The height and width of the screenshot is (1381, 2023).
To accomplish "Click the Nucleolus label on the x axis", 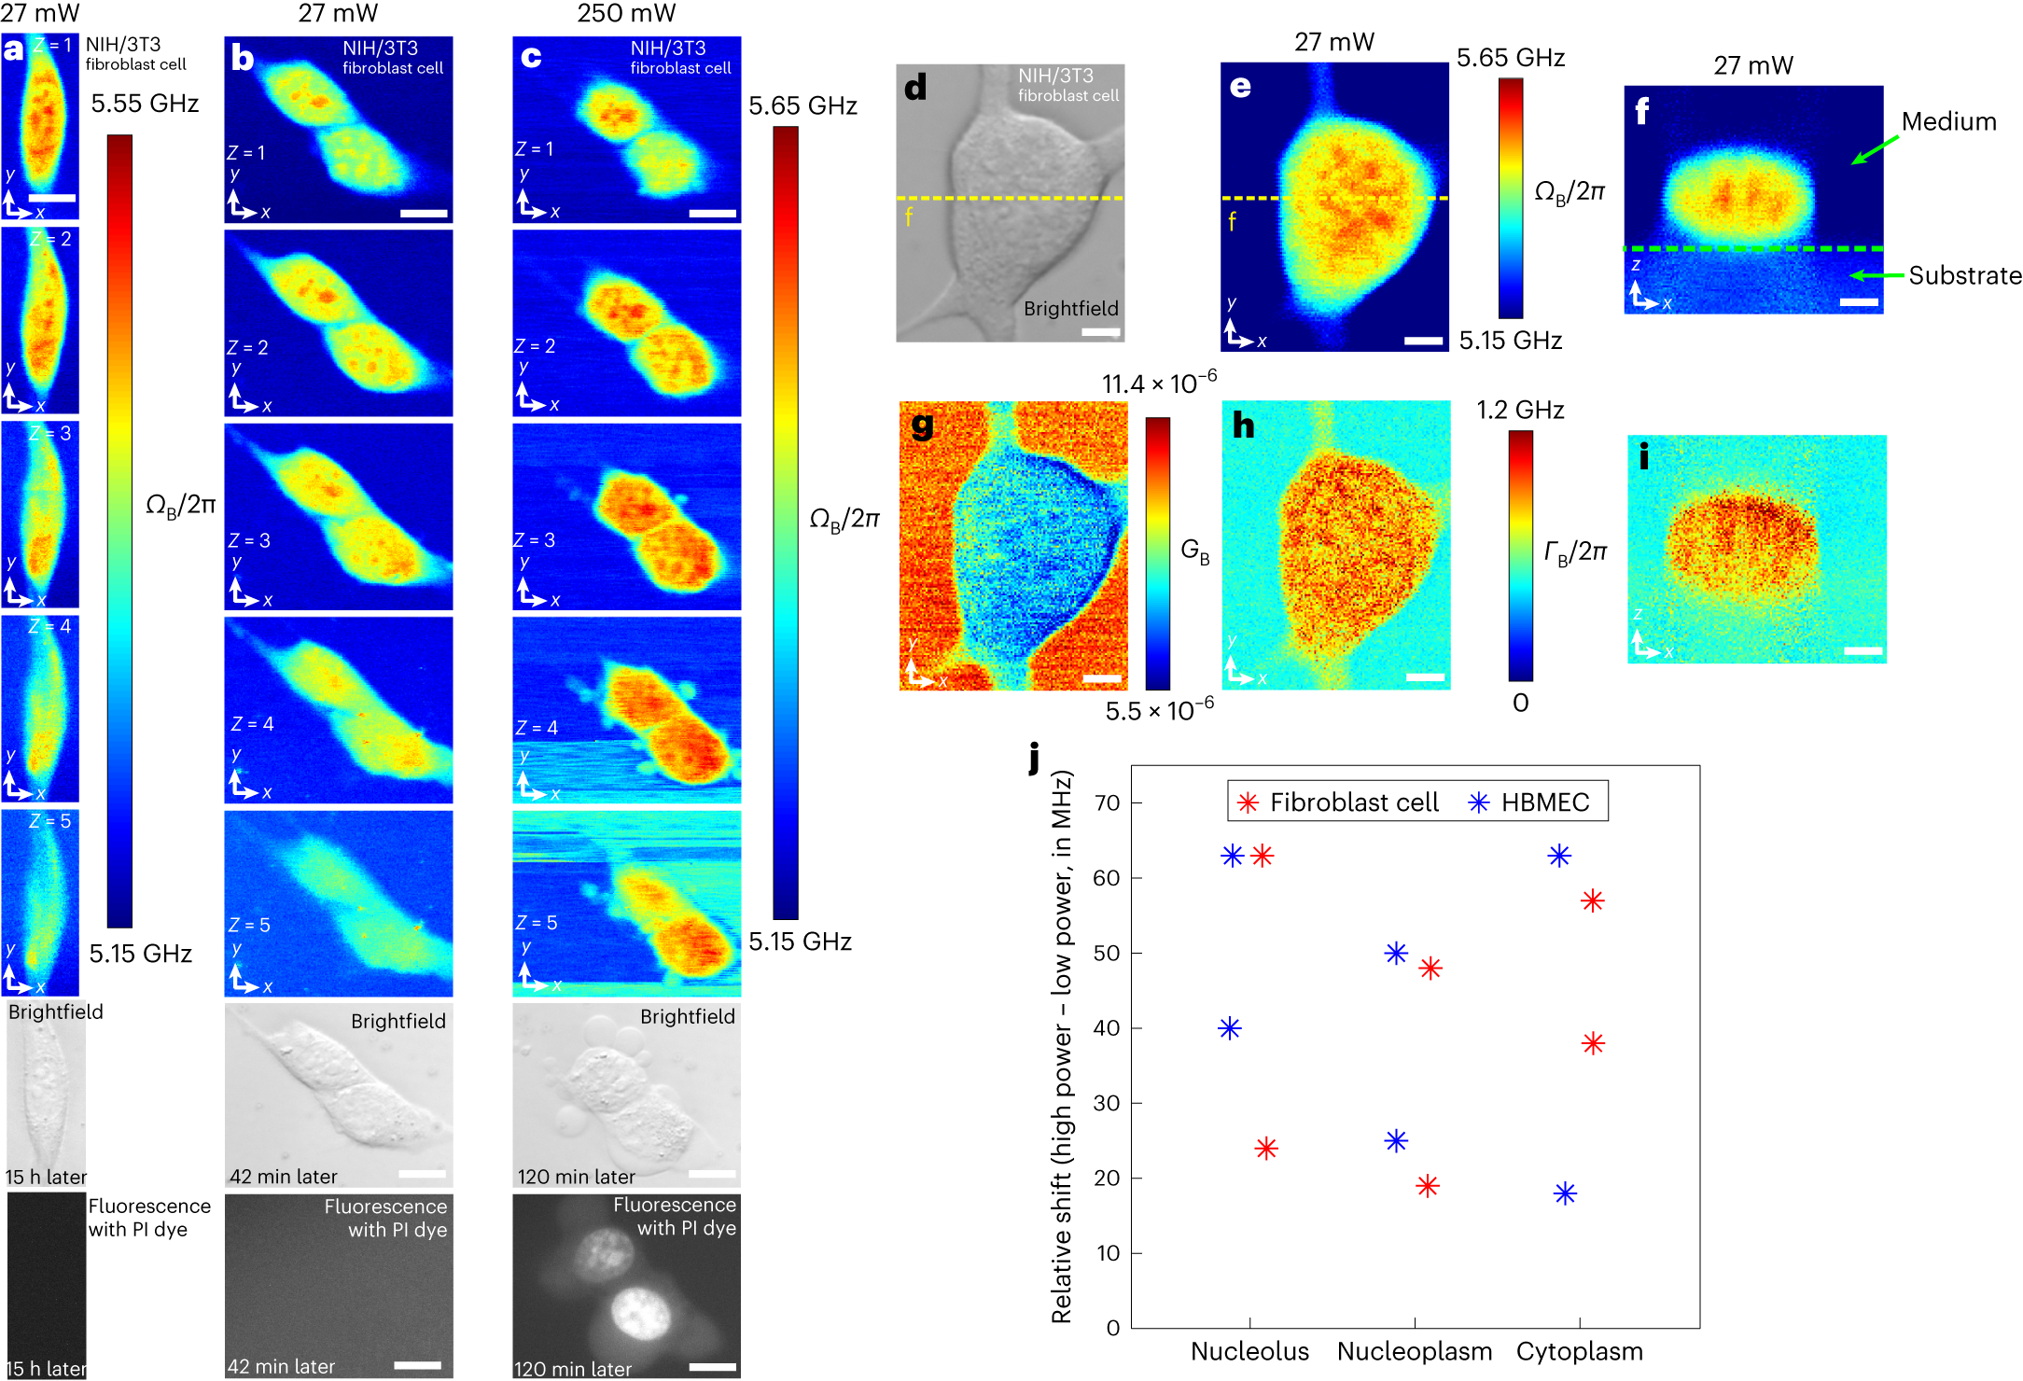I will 1249,1351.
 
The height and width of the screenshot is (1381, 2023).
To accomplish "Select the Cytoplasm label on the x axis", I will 1579,1351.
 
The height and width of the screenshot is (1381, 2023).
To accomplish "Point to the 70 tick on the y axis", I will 1107,802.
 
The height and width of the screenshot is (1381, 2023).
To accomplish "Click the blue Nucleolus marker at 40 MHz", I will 1230,1028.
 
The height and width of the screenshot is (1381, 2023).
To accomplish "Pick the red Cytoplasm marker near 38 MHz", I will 1593,1043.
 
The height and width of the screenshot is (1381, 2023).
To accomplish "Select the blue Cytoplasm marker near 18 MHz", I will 1565,1193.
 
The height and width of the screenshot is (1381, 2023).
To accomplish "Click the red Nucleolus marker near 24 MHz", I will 1265,1149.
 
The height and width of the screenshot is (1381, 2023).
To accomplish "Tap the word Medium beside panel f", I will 1948,122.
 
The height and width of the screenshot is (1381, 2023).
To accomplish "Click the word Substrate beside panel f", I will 1964,276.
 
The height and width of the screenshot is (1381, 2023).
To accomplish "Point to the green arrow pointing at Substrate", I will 1876,275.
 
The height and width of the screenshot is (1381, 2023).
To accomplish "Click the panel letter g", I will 922,425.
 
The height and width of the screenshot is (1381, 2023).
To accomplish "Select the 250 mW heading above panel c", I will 626,14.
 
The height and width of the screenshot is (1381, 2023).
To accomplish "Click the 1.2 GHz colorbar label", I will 1519,411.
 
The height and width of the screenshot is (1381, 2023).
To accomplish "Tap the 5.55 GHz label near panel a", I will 145,104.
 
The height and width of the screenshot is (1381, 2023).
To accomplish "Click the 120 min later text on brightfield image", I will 576,1177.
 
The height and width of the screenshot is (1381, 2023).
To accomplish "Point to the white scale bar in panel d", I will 1100,332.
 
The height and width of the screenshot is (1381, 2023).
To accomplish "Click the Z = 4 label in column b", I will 252,724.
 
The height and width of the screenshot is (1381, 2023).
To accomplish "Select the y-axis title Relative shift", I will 1061,1045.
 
